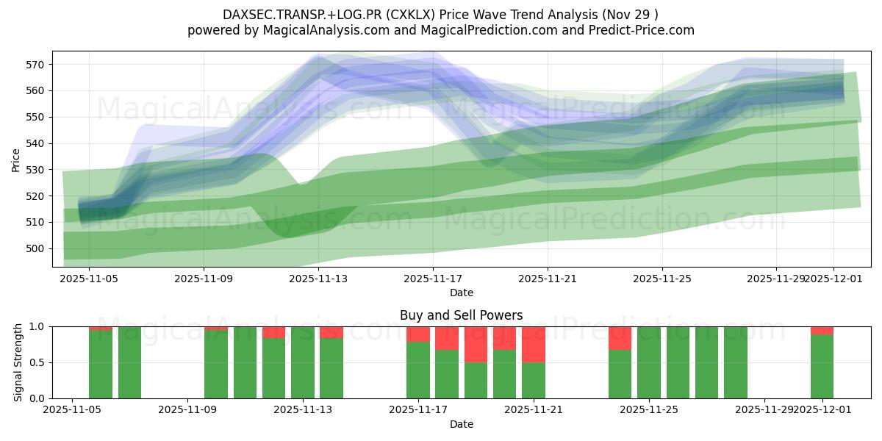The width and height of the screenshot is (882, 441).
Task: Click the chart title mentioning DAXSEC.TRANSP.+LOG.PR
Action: tap(440, 14)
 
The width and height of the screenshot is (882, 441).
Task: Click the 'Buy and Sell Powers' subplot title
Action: tap(461, 315)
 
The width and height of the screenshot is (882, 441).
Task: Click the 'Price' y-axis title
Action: tap(16, 159)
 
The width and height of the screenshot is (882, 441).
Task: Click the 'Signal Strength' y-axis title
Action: tap(19, 362)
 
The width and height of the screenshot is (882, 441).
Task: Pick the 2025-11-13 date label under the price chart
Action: tap(318, 279)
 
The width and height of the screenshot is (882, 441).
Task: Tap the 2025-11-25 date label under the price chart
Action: tap(662, 279)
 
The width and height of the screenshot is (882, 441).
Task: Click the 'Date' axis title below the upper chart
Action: tap(461, 293)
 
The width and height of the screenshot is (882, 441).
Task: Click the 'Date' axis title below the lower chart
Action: tap(461, 424)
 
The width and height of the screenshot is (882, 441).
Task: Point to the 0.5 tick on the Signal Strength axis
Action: tap(37, 362)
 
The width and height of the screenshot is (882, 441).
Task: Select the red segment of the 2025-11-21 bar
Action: tap(534, 344)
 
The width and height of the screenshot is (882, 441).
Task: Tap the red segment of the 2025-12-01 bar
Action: tap(822, 330)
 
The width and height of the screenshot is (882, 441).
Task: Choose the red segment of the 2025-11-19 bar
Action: tap(476, 344)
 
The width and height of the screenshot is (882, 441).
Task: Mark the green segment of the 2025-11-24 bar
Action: tap(620, 374)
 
